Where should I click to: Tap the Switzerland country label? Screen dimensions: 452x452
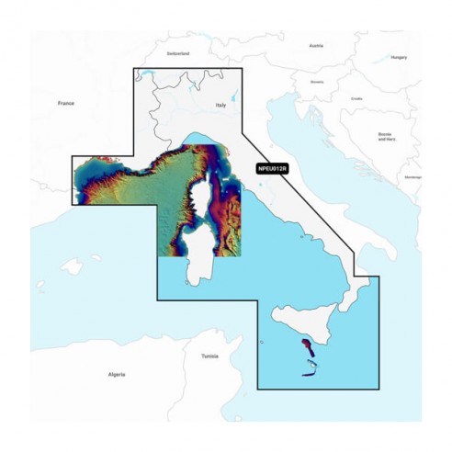coord(177,53)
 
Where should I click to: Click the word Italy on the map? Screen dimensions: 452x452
coord(220,107)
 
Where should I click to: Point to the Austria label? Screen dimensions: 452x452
coord(317,45)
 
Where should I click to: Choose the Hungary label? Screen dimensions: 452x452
coord(398,56)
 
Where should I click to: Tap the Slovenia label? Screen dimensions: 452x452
coord(318,81)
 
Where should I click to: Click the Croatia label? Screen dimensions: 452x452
coord(356,98)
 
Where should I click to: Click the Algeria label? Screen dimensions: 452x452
coord(116,375)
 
